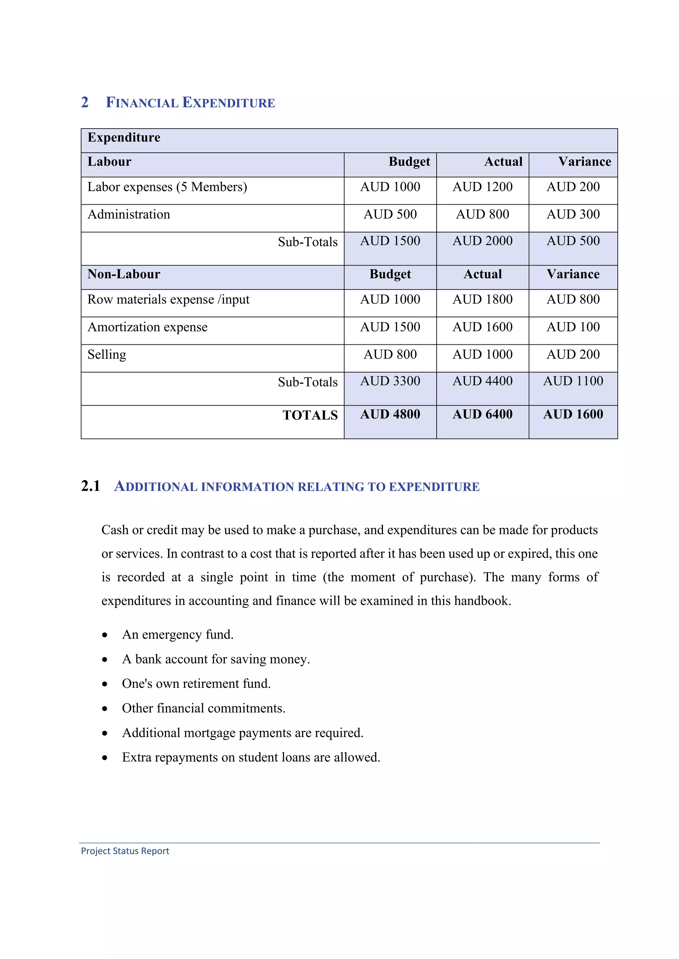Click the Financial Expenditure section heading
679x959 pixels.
[x=190, y=103]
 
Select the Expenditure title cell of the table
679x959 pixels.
[x=124, y=138]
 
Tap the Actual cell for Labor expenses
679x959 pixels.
[x=482, y=187]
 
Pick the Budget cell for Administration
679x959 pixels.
[x=390, y=214]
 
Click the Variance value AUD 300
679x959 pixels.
[x=573, y=214]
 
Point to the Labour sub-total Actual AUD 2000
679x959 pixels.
[x=482, y=241]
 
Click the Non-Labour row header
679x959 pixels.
[x=124, y=275]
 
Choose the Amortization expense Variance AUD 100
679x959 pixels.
[x=573, y=327]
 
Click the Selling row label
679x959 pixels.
[x=107, y=355]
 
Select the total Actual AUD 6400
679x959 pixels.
[x=482, y=414]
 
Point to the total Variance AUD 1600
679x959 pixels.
[x=573, y=414]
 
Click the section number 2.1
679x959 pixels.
[x=90, y=486]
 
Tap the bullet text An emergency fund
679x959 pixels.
[x=178, y=634]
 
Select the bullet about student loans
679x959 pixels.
[x=251, y=757]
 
